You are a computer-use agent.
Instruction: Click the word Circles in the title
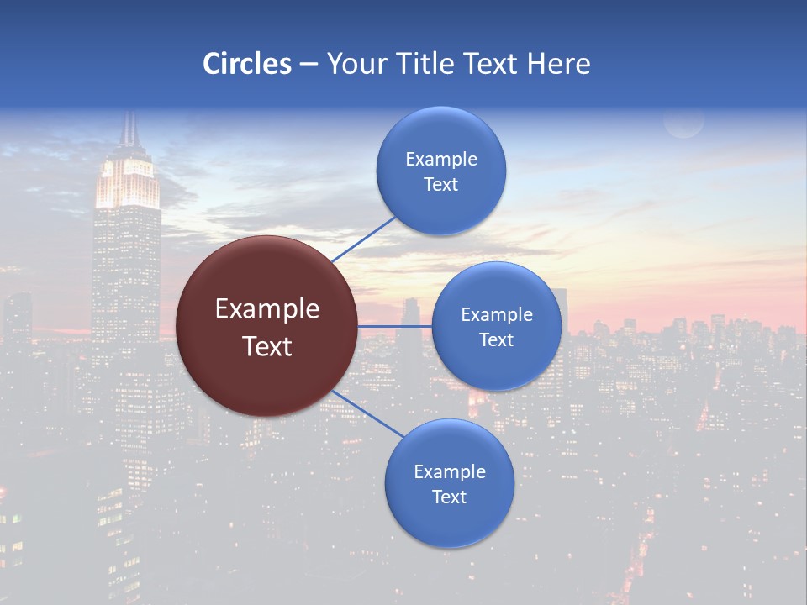(x=247, y=64)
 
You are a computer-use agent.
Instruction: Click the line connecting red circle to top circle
(x=364, y=239)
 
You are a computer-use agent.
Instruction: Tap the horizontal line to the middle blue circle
(x=395, y=326)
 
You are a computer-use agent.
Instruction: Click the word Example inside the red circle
(x=266, y=309)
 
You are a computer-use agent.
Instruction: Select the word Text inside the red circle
(x=266, y=346)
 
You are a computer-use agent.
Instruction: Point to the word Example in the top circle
(x=440, y=159)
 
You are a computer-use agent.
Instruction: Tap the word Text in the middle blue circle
(x=496, y=339)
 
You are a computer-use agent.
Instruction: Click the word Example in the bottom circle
(x=449, y=471)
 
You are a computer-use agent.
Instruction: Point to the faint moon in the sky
(x=683, y=123)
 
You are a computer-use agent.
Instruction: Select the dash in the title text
(x=309, y=65)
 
